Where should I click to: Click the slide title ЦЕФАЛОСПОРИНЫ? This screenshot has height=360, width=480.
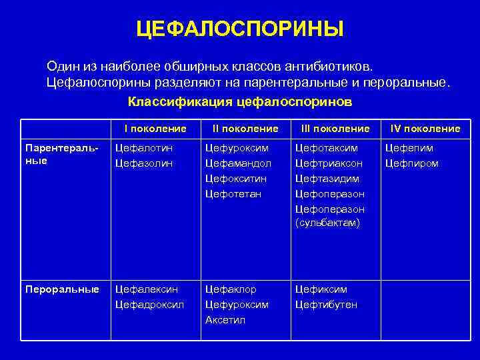click(239, 29)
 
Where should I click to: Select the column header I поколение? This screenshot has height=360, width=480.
click(155, 128)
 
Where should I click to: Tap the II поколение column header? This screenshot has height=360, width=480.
click(245, 128)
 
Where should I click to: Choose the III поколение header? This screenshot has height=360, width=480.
click(335, 128)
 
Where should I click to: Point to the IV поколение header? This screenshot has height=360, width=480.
click(425, 128)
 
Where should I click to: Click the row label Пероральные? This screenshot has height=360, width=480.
click(62, 289)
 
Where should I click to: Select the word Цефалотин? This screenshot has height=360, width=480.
click(143, 147)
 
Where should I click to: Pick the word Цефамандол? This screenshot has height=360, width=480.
click(238, 163)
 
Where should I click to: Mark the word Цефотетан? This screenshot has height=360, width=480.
click(233, 193)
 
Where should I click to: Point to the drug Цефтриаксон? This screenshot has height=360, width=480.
click(329, 163)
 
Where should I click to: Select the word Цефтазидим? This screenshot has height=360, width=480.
click(327, 178)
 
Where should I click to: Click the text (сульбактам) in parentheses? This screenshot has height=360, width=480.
click(327, 223)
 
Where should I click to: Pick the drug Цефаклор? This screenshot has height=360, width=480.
click(231, 289)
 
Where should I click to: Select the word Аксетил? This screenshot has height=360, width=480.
click(225, 320)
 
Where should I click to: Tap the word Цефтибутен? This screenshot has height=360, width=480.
click(326, 305)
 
